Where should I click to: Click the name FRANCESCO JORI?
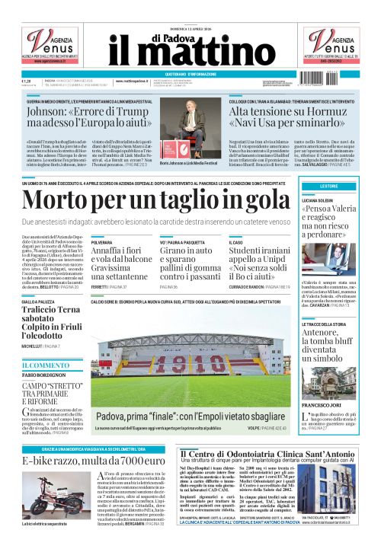(325, 404)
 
